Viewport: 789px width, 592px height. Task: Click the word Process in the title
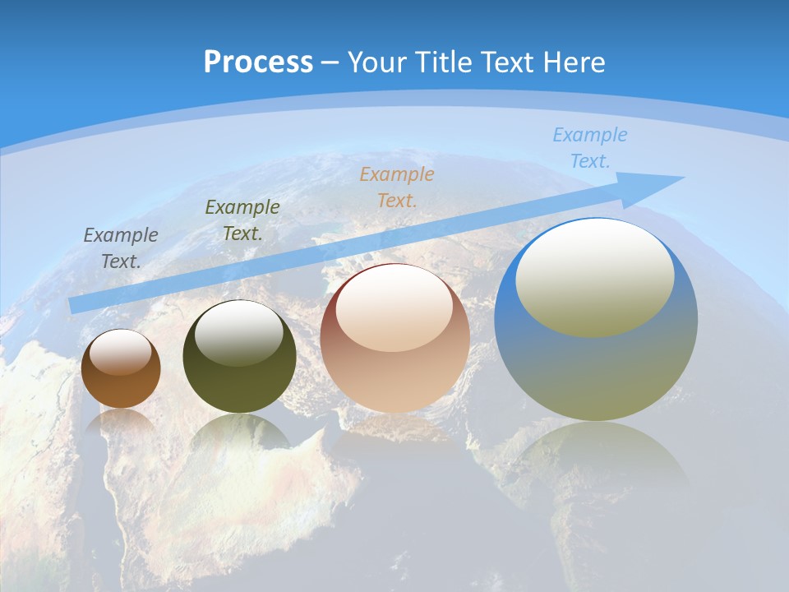(258, 62)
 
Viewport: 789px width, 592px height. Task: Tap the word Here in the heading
(571, 62)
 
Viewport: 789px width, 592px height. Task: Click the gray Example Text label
(121, 248)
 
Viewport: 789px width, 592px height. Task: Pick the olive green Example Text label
(242, 220)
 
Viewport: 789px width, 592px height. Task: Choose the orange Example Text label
(397, 187)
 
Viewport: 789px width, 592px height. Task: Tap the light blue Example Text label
(590, 148)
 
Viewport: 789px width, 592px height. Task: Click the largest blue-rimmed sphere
(596, 370)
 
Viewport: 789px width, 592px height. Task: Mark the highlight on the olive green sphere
(238, 332)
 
